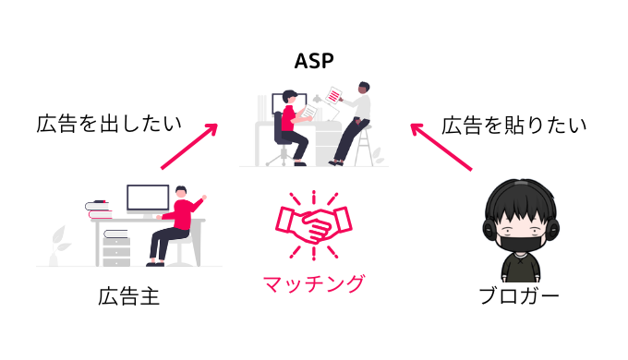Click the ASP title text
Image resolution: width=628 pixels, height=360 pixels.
(x=313, y=62)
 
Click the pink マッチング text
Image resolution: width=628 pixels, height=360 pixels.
(x=313, y=282)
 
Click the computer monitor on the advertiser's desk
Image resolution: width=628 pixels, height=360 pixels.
(x=148, y=198)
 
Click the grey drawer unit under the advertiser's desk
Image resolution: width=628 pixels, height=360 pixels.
(x=116, y=244)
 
